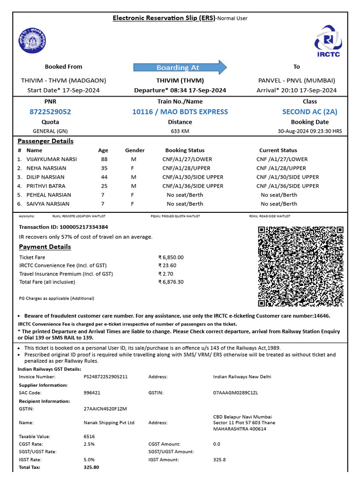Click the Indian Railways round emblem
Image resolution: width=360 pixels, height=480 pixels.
[32, 41]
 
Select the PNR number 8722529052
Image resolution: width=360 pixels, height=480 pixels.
[50, 112]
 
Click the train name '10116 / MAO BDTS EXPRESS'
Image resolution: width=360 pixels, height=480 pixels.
[180, 112]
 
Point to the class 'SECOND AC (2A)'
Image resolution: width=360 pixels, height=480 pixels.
[309, 112]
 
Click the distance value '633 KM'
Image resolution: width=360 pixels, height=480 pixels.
[180, 131]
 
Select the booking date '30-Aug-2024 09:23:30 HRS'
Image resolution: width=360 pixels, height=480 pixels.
[309, 131]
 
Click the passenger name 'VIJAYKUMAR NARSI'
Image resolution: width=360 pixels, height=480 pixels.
[52, 159]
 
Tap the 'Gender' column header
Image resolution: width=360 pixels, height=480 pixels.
[135, 150]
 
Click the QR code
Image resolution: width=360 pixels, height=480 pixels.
[300, 266]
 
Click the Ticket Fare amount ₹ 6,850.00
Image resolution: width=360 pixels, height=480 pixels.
[171, 257]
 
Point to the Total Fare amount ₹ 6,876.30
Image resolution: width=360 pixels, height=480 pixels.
[171, 282]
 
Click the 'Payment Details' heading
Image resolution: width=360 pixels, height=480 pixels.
[45, 247]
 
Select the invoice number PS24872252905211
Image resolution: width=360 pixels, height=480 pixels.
[105, 377]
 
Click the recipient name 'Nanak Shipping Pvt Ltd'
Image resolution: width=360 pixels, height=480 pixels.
[109, 423]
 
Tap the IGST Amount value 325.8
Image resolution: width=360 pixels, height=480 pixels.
[219, 460]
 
